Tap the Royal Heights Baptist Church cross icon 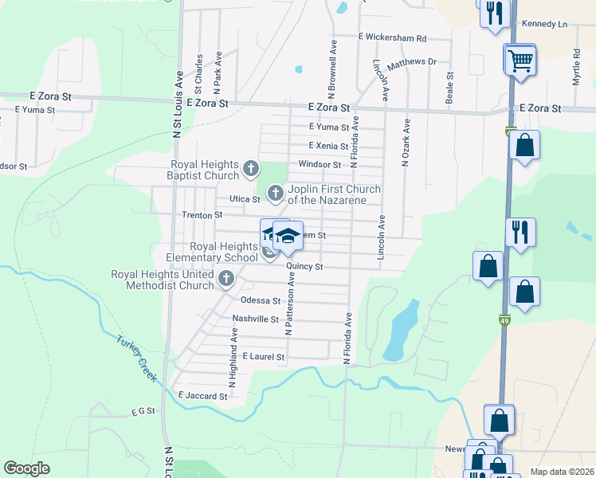coord(251,169)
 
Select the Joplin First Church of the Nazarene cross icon coord(275,193)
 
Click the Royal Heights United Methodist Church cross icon coord(226,280)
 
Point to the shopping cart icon coord(520,61)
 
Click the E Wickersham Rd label coord(392,37)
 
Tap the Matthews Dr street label coord(412,62)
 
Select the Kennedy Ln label coord(544,24)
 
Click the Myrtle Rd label coord(577,67)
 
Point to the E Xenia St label coord(328,146)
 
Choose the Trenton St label coord(201,215)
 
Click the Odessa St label coord(261,300)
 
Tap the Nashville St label coord(255,319)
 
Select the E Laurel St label coord(263,357)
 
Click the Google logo coord(27,468)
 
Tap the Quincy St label coord(304,266)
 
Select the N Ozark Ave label coord(406,143)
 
